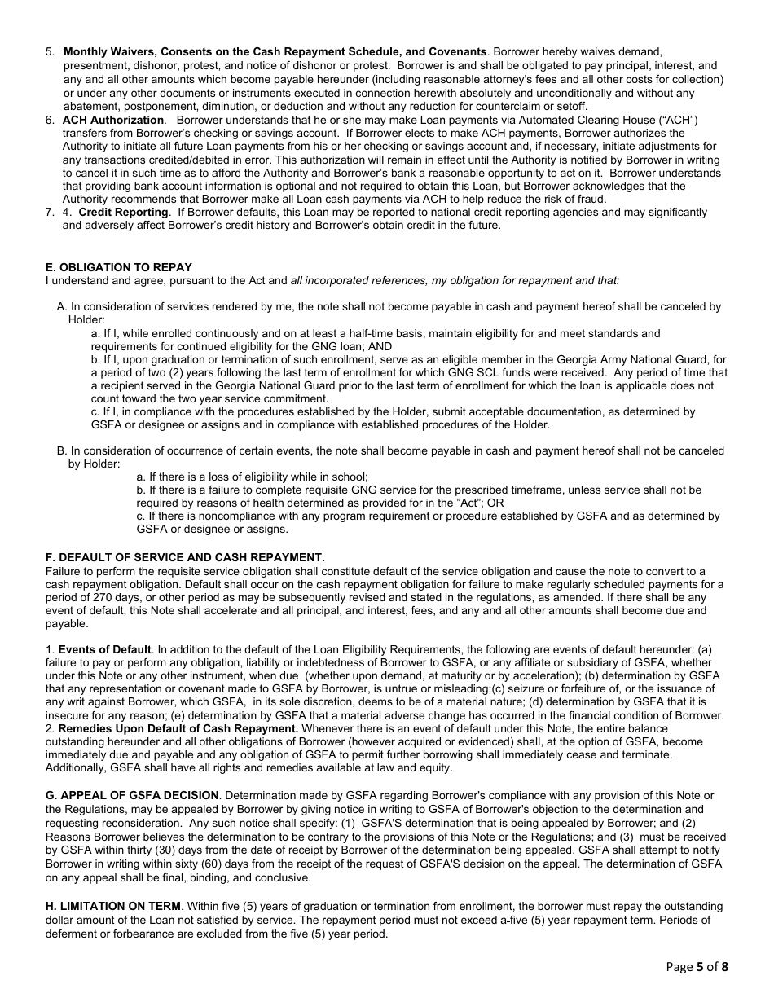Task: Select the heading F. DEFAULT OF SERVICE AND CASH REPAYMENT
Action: coord(185,557)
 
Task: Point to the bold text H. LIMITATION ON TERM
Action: coord(113,907)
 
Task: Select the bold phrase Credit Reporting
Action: coord(123,212)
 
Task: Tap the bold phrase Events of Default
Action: coord(104,649)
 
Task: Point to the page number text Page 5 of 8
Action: coord(697,967)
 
